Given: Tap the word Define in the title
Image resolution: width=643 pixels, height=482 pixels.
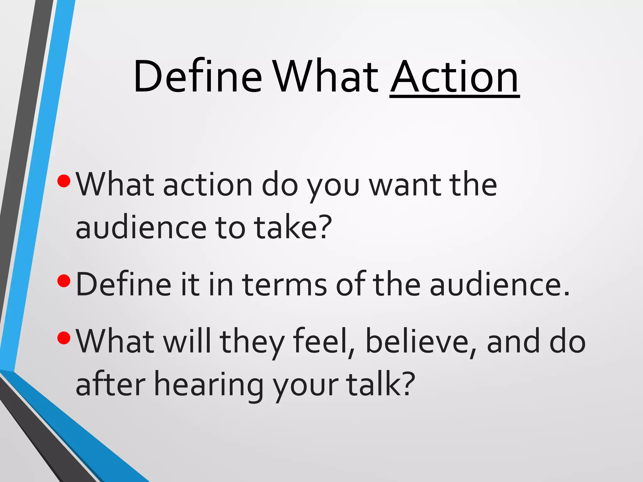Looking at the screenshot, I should (197, 77).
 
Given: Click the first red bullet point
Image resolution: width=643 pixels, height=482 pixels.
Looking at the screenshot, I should (64, 181).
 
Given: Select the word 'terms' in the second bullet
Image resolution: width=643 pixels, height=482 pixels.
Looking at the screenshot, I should (284, 285).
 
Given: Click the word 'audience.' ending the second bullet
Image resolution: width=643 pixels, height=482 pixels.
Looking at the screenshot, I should (500, 285).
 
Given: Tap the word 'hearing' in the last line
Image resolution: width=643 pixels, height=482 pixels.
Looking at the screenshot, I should (208, 385).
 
